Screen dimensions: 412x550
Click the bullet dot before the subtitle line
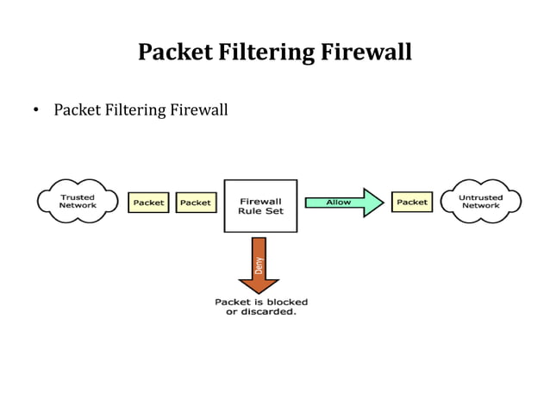[36, 111]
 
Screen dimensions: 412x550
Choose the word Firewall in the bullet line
[199, 110]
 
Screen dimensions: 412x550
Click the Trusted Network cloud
[78, 202]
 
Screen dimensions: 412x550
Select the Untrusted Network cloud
[480, 202]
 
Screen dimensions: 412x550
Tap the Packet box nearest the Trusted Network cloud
[148, 203]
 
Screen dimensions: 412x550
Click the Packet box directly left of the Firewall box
[196, 203]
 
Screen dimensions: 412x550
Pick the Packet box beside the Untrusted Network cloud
[412, 203]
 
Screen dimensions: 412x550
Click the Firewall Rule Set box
[260, 206]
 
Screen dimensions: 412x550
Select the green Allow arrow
[344, 203]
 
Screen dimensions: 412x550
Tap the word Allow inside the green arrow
[338, 203]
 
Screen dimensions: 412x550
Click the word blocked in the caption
[286, 302]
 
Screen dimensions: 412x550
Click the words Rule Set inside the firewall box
[260, 211]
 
